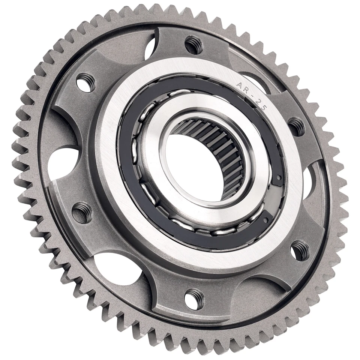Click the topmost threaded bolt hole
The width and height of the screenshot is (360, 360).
click(193, 45)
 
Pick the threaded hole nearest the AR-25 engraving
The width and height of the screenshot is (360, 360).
click(297, 126)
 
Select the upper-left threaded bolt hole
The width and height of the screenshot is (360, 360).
click(85, 82)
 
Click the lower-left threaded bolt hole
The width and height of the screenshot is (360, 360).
click(81, 213)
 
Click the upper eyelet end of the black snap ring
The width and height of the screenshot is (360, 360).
click(278, 178)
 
